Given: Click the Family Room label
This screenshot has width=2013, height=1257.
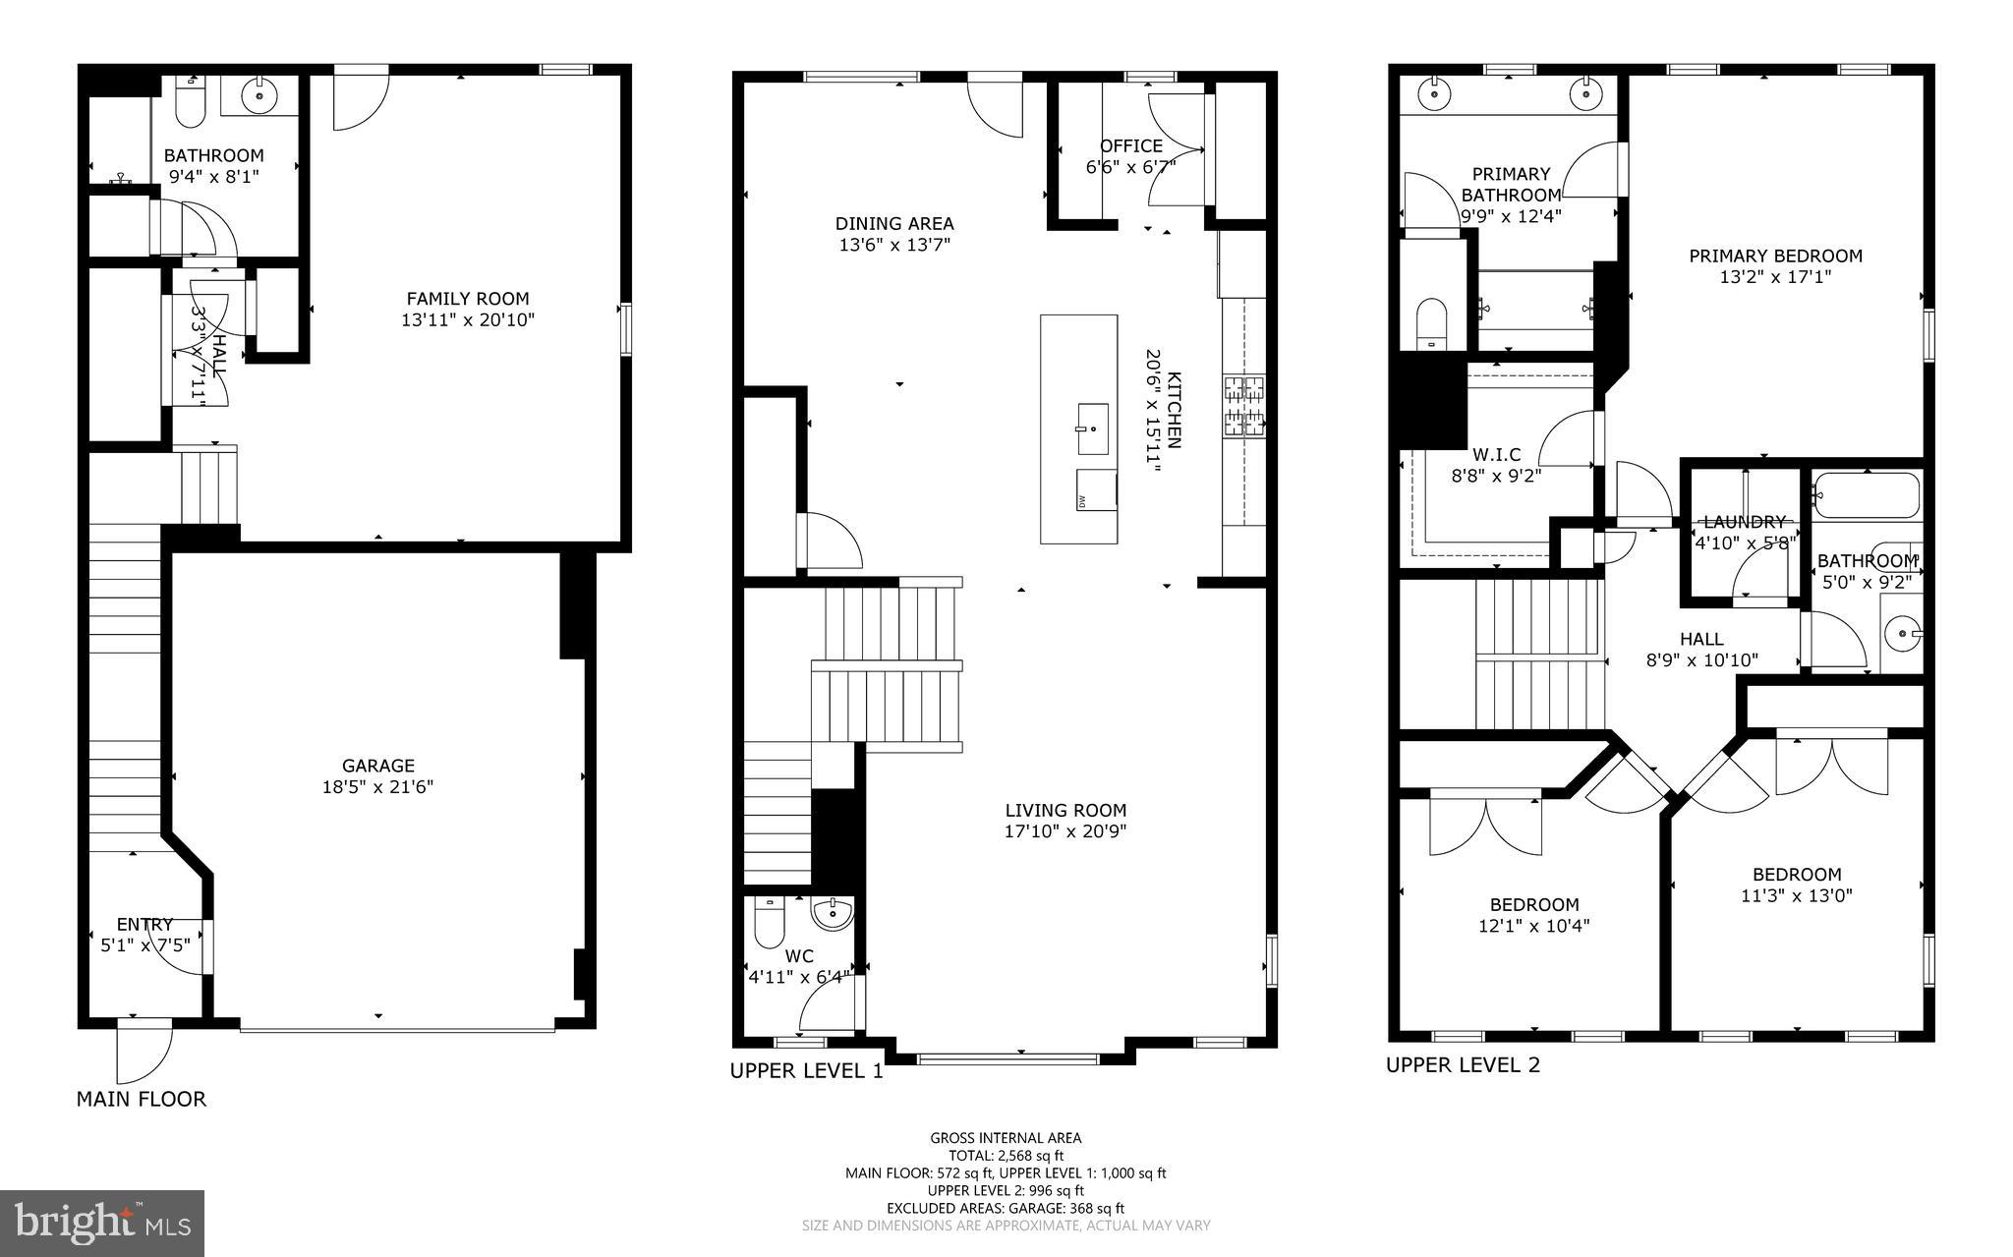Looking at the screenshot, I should coord(468,299).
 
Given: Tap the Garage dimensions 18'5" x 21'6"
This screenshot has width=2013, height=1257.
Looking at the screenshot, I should coord(377,786).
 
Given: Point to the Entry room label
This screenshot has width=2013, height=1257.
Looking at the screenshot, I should coord(144,924).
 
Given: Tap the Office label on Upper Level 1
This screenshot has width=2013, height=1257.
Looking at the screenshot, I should coord(1130,146).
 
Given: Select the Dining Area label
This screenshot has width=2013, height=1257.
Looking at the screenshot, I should coord(894,224).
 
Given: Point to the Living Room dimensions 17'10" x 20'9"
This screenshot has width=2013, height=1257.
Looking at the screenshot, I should coord(1065,831).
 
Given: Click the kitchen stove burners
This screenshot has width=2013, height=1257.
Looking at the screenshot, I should coord(1243,406).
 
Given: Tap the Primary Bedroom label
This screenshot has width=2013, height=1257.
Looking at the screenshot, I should coord(1775,257).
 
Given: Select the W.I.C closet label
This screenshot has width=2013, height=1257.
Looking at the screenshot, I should coord(1496,455).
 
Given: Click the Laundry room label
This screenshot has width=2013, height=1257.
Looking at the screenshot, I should coord(1744,523).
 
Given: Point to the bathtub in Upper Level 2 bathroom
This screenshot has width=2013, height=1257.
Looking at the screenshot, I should coord(1866,495).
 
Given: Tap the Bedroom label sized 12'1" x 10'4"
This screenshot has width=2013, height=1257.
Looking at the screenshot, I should coord(1533,904).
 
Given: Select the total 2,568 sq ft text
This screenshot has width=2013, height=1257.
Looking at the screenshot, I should coord(1006,1156).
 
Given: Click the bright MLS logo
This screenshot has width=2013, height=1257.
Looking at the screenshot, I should coord(102,1223).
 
